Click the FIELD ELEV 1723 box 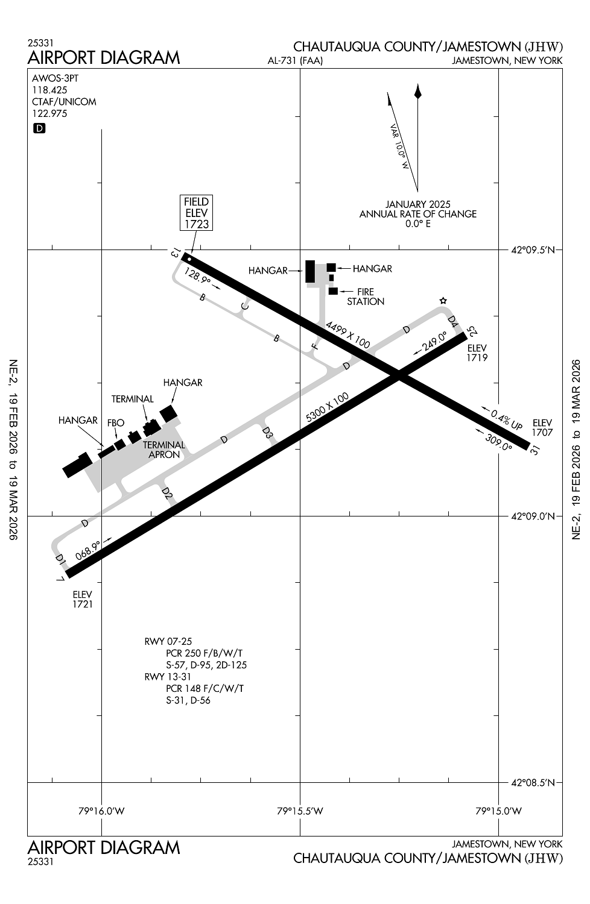(197, 213)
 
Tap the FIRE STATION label (366, 297)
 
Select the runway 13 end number (176, 253)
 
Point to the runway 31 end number (533, 449)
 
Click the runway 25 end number (472, 331)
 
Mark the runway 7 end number (60, 580)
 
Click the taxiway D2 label (167, 494)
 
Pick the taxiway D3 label (268, 433)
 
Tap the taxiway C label (244, 306)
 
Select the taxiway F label (314, 346)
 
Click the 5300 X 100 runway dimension (328, 408)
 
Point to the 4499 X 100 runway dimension (347, 334)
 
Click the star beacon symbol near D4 (443, 301)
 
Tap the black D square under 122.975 (39, 128)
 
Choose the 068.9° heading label (89, 550)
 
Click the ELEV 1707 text (542, 428)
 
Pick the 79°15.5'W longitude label (300, 811)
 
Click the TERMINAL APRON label (164, 450)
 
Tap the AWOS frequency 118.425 (49, 90)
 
